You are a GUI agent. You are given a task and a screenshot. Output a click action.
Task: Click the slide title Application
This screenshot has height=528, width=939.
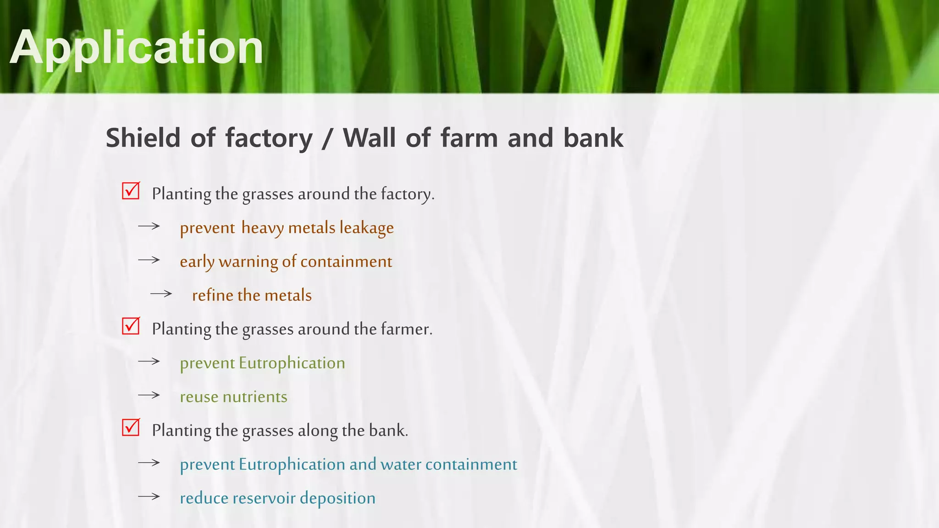click(x=137, y=48)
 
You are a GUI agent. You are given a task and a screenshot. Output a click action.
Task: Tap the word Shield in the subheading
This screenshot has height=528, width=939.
click(x=143, y=137)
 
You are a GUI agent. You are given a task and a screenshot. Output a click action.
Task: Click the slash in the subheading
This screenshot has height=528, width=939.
click(x=327, y=138)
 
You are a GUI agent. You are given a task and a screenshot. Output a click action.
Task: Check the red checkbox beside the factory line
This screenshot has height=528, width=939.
click(x=131, y=191)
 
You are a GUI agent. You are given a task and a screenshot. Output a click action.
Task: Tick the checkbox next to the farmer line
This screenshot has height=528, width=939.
click(x=131, y=326)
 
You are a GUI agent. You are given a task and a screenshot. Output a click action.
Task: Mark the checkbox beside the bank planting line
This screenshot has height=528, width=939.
click(x=131, y=427)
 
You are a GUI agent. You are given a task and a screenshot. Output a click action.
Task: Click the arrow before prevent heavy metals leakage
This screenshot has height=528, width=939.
click(x=149, y=226)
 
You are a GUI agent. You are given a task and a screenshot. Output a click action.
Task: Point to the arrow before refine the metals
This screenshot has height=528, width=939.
click(x=161, y=294)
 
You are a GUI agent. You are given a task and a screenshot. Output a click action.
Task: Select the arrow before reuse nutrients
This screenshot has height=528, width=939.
click(x=149, y=395)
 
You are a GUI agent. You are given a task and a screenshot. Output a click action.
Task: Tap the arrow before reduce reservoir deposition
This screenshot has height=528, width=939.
click(x=149, y=496)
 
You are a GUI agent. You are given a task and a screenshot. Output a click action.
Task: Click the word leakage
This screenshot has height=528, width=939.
click(x=366, y=228)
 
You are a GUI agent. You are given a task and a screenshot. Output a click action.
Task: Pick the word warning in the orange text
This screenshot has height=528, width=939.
click(x=248, y=262)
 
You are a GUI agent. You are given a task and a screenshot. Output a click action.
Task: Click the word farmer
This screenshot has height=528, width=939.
click(x=406, y=329)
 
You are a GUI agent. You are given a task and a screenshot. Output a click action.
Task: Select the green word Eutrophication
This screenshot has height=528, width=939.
click(x=292, y=363)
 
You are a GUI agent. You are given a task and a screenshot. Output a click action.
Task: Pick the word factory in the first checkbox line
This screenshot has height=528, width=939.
click(x=407, y=194)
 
